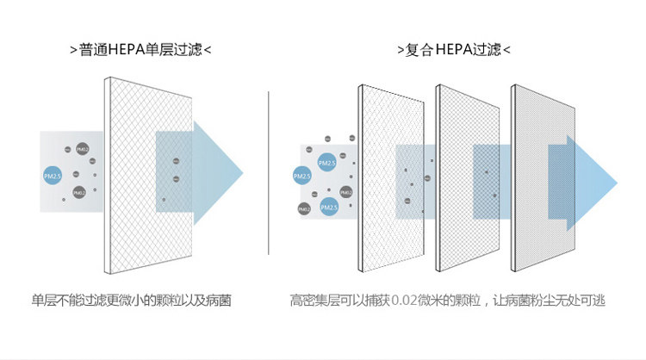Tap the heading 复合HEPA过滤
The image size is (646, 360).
[x=453, y=49]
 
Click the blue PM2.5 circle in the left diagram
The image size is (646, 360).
[x=53, y=176]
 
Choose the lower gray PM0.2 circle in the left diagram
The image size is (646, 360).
[x=78, y=193]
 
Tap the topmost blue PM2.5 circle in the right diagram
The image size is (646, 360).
[x=326, y=163]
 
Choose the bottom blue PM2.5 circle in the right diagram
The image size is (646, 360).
[x=328, y=208]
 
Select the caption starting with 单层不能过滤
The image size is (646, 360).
[x=132, y=301]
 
